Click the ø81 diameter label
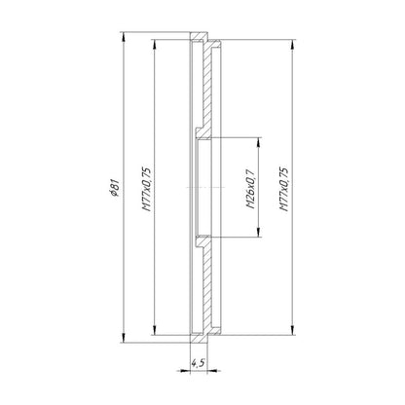point(116,188)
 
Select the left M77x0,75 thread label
point(147,189)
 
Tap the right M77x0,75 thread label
point(284,189)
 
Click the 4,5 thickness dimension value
point(198,363)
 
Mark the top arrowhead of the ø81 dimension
point(123,37)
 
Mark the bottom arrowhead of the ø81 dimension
point(123,338)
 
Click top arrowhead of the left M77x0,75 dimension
point(155,45)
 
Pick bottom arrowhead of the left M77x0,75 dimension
point(155,330)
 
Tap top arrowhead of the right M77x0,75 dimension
point(293,45)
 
